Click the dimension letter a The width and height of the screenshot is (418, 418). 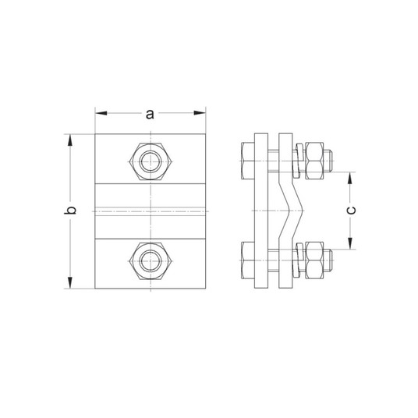coord(150,114)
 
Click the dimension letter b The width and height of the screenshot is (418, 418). coord(70,210)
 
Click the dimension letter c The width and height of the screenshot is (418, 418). coord(351,210)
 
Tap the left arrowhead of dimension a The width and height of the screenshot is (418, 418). coord(101,113)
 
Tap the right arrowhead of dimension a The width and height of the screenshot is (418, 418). coord(200,113)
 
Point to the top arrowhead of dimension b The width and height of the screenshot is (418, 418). coord(70,140)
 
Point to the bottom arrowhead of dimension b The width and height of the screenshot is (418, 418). coord(70,283)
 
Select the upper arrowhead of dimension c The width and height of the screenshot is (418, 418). coord(350,178)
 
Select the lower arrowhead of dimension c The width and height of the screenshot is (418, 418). coord(350,243)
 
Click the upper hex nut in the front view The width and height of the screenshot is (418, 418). coord(151,161)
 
